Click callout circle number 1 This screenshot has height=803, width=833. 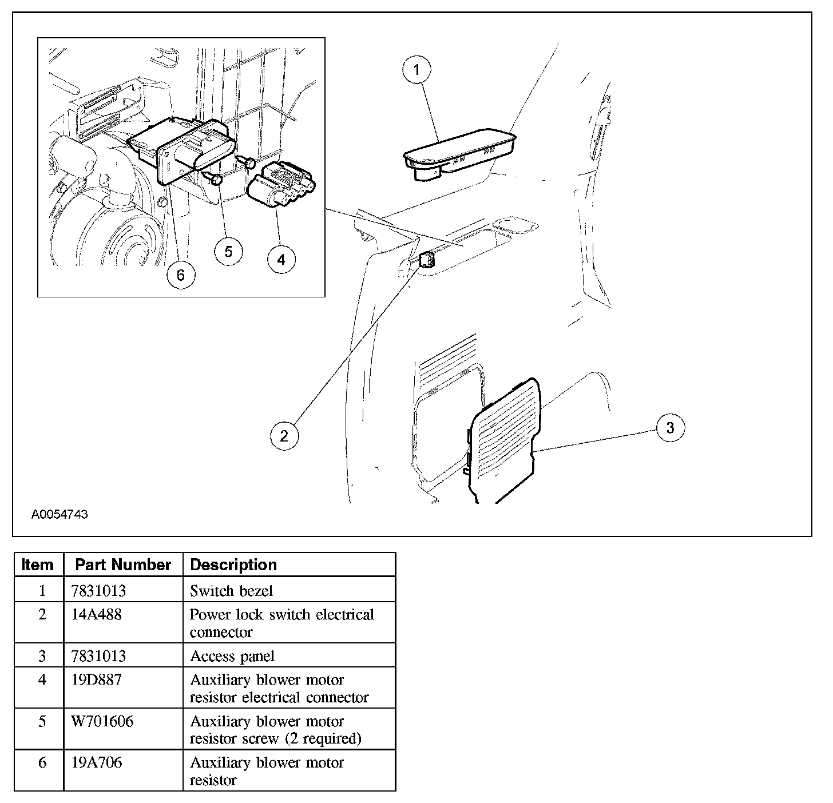416,70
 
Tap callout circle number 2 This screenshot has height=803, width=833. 284,436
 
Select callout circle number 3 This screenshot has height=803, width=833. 670,427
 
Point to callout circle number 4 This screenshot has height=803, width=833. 281,260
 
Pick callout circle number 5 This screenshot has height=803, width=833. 228,252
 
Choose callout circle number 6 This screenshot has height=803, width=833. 181,275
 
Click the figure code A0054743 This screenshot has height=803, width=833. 59,515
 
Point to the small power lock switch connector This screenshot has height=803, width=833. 428,260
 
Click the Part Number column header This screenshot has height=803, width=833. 123,565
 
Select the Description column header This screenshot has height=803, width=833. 233,565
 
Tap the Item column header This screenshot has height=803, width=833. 37,565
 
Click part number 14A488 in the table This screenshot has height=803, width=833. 97,615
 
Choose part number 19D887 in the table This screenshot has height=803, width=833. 96,681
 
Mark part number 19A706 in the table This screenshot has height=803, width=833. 96,763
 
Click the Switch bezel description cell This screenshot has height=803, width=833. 231,590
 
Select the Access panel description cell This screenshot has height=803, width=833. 232,656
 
